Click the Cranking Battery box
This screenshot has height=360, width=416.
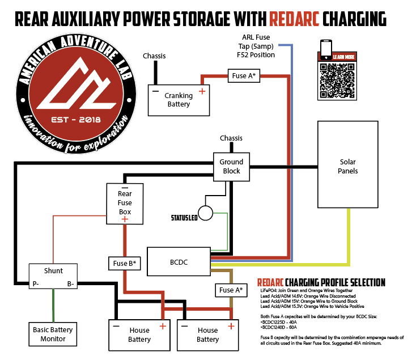[x=179, y=99]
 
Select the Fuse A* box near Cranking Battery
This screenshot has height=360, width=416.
[x=244, y=76]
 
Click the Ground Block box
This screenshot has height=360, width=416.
[x=231, y=166]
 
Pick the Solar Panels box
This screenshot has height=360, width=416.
[x=347, y=166]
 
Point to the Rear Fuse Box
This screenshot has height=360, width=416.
[x=125, y=202]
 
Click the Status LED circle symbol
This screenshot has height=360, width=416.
[x=205, y=213]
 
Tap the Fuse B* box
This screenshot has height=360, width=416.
[x=125, y=263]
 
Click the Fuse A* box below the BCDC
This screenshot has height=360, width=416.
[x=231, y=290]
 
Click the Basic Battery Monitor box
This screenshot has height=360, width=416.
[x=53, y=334]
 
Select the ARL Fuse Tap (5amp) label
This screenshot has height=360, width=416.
[x=256, y=46]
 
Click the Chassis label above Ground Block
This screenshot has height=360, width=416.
[x=231, y=138]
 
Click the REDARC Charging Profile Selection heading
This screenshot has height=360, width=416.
[x=321, y=282]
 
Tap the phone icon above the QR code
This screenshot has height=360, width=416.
[x=326, y=49]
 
